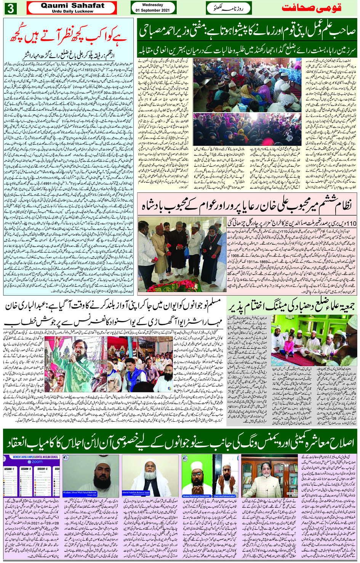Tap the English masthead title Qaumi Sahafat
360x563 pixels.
(72, 5)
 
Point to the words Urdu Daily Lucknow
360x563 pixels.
(72, 11)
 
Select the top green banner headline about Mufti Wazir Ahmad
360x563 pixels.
(247, 32)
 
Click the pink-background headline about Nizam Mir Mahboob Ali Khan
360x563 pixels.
(247, 206)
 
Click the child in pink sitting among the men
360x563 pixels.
(289, 344)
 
